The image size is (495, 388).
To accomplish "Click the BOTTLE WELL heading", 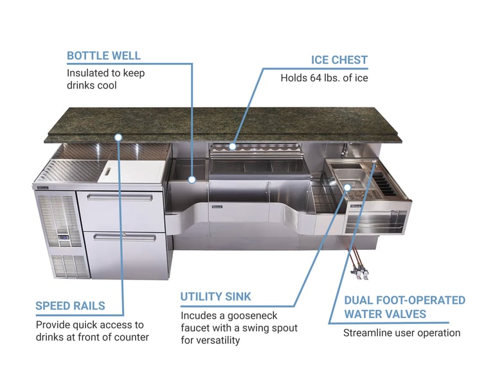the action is pyautogui.click(x=104, y=56).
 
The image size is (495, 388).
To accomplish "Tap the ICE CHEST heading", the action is pyautogui.click(x=339, y=60).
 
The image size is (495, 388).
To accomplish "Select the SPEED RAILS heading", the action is pyautogui.click(x=70, y=306).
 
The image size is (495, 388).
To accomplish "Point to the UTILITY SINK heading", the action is pyautogui.click(x=215, y=297).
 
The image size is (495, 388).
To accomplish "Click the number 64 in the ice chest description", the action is pyautogui.click(x=316, y=78).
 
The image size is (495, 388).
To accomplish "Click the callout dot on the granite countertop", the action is pyautogui.click(x=118, y=137).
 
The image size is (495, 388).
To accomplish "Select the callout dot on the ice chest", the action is pyautogui.click(x=232, y=146).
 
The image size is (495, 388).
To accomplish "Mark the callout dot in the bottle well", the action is pyautogui.click(x=192, y=180).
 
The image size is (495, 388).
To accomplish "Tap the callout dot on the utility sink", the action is pyautogui.click(x=347, y=188).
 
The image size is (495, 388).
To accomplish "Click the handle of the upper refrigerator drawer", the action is pyautogui.click(x=120, y=198).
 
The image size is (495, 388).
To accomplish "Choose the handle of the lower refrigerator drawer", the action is pyautogui.click(x=125, y=237).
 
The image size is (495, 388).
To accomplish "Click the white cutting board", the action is pyautogui.click(x=132, y=172).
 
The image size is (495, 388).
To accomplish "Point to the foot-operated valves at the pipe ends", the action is pyautogui.click(x=359, y=272).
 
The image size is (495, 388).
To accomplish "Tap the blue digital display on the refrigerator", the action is pyautogui.click(x=63, y=236).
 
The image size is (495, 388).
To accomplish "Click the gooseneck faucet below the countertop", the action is pyautogui.click(x=344, y=150).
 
